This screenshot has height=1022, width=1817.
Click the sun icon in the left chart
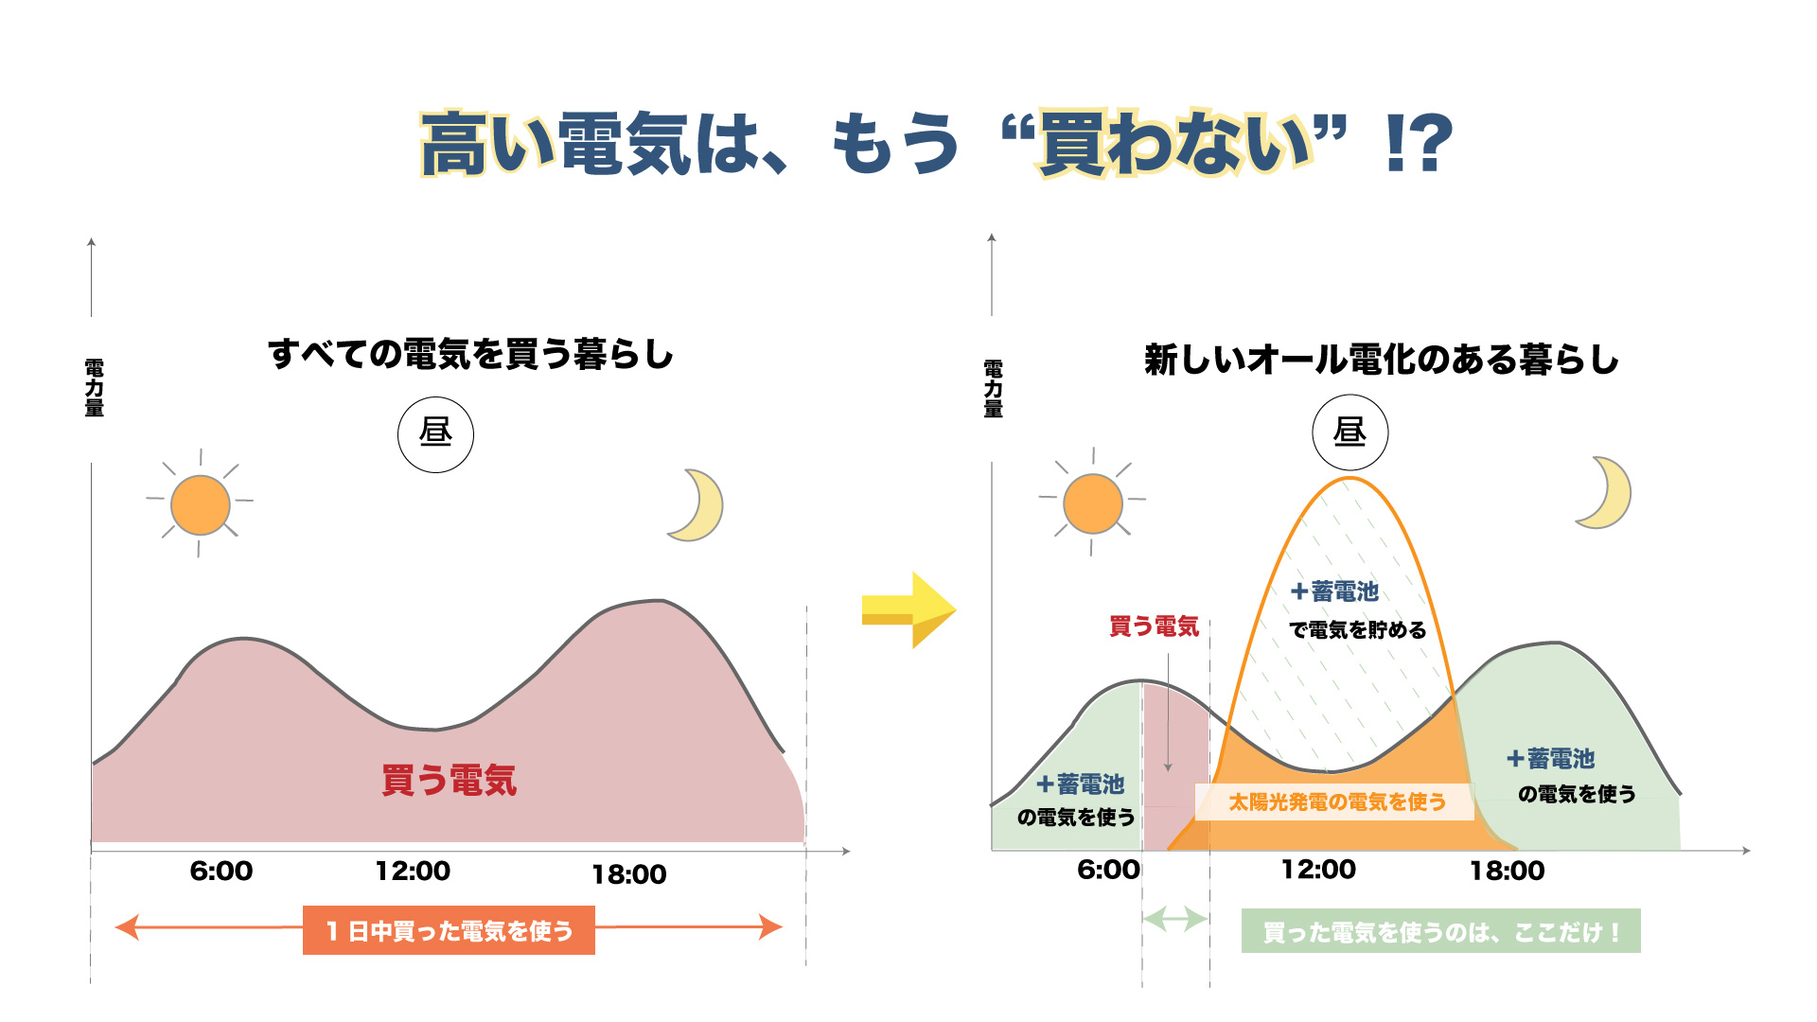200,504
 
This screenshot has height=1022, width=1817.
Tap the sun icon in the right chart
1092,503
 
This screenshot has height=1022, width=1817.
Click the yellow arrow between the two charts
908,610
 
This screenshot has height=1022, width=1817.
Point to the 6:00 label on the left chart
221,871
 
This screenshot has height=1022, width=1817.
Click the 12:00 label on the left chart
413,871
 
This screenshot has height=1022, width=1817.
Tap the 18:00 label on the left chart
629,874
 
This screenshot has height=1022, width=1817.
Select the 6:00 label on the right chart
1108,870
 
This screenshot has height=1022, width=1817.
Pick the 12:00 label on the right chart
1318,870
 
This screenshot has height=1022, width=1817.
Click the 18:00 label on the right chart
1507,871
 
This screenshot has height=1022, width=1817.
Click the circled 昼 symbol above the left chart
435,434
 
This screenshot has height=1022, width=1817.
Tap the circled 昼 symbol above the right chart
1350,433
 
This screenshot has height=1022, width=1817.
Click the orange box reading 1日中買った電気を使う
449,931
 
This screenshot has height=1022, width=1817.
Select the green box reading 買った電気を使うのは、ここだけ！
1440,932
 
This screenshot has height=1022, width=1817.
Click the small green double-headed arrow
1174,919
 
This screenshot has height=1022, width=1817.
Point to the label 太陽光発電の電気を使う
1336,802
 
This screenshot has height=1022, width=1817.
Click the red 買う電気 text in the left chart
449,781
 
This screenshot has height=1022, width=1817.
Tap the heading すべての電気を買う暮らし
470,355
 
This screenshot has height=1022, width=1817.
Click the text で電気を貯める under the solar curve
1357,630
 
